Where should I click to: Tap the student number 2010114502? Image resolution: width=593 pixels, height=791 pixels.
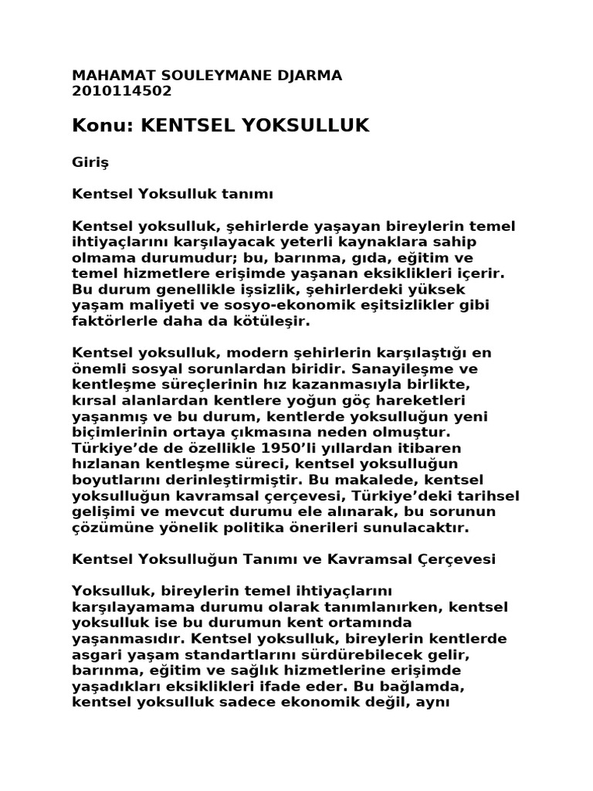click(121, 90)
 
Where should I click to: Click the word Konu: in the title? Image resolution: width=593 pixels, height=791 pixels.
click(103, 124)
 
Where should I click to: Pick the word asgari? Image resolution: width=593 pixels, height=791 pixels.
click(98, 655)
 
